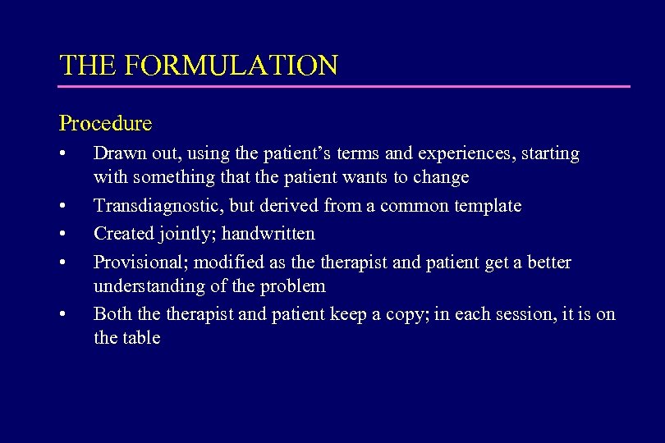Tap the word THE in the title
[84, 65]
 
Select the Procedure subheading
[105, 124]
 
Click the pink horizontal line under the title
[345, 86]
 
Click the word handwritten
[277, 234]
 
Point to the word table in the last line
[142, 338]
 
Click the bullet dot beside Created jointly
[63, 235]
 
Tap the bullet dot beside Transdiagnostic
[63, 207]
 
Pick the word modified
[227, 263]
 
